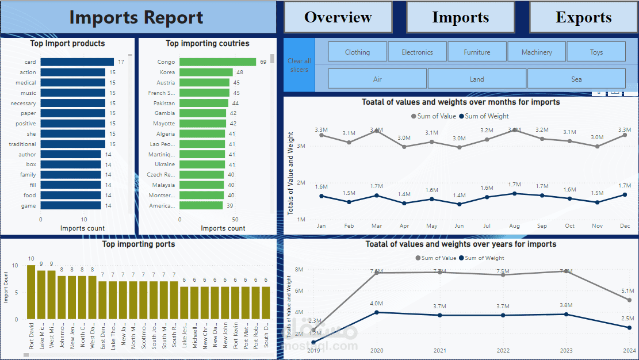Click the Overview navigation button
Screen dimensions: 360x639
(x=338, y=17)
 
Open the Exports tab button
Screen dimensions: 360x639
(x=583, y=17)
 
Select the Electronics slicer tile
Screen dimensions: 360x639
(x=417, y=52)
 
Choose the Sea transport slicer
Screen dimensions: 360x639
(x=576, y=79)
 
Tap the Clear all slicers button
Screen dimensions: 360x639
(x=299, y=65)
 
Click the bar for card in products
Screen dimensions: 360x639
(x=77, y=62)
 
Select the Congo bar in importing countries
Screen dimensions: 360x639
(x=217, y=62)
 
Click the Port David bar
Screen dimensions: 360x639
(x=31, y=292)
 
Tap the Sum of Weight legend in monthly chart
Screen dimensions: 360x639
(x=483, y=116)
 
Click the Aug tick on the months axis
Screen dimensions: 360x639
(x=514, y=226)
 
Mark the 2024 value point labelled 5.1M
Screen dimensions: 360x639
(x=629, y=300)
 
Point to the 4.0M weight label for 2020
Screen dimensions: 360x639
(x=377, y=304)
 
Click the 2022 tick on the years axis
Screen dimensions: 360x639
(x=503, y=350)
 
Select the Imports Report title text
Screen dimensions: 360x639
(x=136, y=17)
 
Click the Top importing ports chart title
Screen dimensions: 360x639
(x=139, y=244)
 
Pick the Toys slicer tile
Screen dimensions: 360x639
(x=596, y=52)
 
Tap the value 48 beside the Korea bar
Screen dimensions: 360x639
(x=240, y=72)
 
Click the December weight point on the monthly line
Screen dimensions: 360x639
(x=625, y=194)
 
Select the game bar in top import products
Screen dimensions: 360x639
(x=71, y=205)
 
